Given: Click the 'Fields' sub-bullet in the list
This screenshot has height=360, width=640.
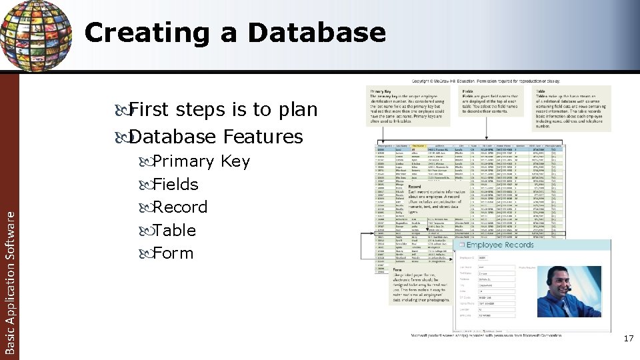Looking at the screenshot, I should click(175, 185).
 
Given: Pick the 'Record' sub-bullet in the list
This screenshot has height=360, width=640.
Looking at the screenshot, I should click(180, 207).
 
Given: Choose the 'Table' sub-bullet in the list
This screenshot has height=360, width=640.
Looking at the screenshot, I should click(174, 231).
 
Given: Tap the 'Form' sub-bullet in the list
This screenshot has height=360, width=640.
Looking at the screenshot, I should click(173, 253).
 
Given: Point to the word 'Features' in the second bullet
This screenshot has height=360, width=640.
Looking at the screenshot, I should click(263, 137).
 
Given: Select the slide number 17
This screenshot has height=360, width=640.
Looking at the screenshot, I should click(627, 339).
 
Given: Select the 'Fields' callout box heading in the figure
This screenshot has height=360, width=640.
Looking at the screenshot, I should click(468, 91).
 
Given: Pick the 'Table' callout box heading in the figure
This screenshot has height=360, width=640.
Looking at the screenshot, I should click(539, 91).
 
